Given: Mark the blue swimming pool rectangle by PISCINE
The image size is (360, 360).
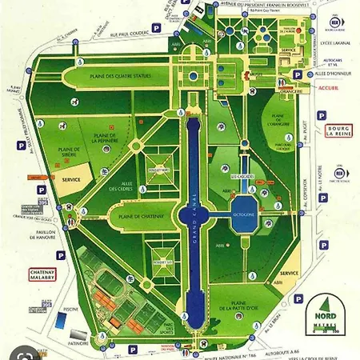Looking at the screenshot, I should [x=62, y=318].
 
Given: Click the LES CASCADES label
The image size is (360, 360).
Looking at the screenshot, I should [x=241, y=176].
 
